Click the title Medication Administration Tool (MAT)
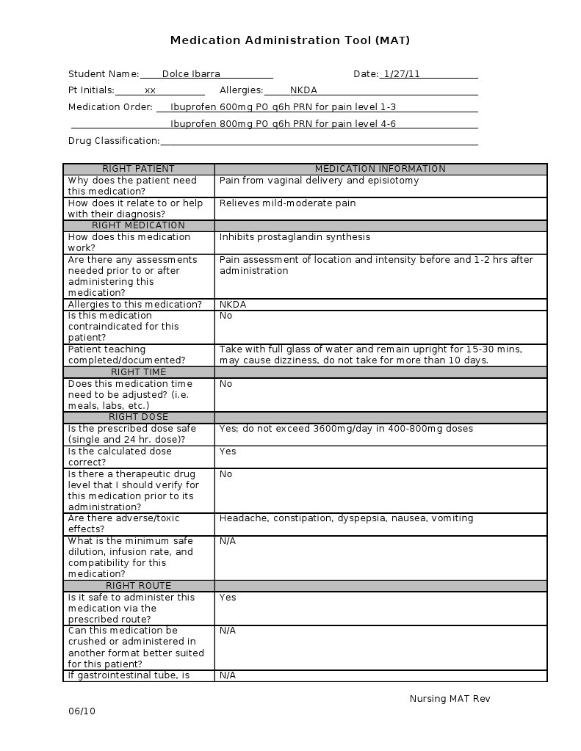(290, 40)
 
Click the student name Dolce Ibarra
(191, 73)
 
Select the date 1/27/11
(401, 73)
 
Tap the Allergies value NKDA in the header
(303, 90)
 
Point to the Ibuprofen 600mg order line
(283, 107)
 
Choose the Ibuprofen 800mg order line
(283, 124)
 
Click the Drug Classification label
(114, 140)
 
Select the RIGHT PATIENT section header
(138, 169)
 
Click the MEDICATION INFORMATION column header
(380, 169)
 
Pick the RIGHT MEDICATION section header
(138, 225)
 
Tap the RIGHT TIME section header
(138, 372)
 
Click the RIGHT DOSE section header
(138, 417)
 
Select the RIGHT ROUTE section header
(138, 586)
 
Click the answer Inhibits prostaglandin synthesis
(295, 237)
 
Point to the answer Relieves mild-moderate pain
(287, 203)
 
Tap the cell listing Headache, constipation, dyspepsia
(346, 518)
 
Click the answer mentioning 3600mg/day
(346, 429)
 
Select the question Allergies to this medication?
(134, 305)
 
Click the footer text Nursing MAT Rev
(450, 699)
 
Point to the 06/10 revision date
(82, 711)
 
